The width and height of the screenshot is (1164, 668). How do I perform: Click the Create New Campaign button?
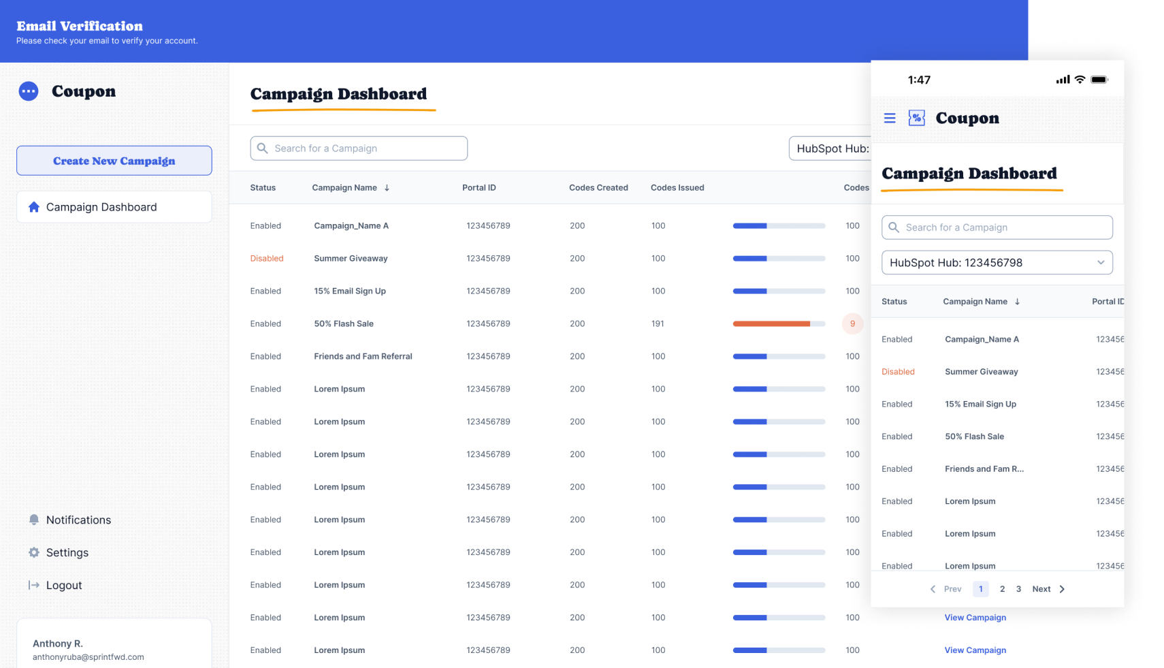coord(114,161)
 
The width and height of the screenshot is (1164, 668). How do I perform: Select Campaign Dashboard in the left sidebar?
coord(101,207)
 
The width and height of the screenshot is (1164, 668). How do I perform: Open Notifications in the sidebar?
coord(78,520)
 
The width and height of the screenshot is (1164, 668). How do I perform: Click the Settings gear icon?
coord(34,552)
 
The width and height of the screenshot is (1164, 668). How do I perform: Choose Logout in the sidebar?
coord(63,586)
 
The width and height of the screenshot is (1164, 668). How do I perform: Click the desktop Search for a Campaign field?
coord(359,148)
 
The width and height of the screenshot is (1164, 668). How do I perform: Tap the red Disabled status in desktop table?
coord(267,259)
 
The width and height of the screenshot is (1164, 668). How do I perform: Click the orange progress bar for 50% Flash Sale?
coord(772,324)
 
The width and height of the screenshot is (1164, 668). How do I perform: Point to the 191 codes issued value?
coord(658,324)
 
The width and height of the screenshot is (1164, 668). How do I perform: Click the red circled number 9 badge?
coord(852,324)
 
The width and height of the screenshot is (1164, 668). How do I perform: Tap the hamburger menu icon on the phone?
coord(890,118)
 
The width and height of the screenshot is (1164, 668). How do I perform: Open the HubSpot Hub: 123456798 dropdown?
coord(997,263)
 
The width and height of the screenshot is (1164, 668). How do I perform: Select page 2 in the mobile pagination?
coord(1002,589)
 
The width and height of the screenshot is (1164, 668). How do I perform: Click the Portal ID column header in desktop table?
coord(479,188)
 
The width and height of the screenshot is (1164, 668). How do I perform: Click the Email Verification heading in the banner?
coord(80,27)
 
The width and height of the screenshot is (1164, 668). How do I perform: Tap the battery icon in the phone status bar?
coord(1099,80)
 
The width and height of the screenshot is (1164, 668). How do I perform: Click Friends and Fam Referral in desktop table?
coord(363,357)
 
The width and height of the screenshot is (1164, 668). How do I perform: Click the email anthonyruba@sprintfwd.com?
coord(88,657)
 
